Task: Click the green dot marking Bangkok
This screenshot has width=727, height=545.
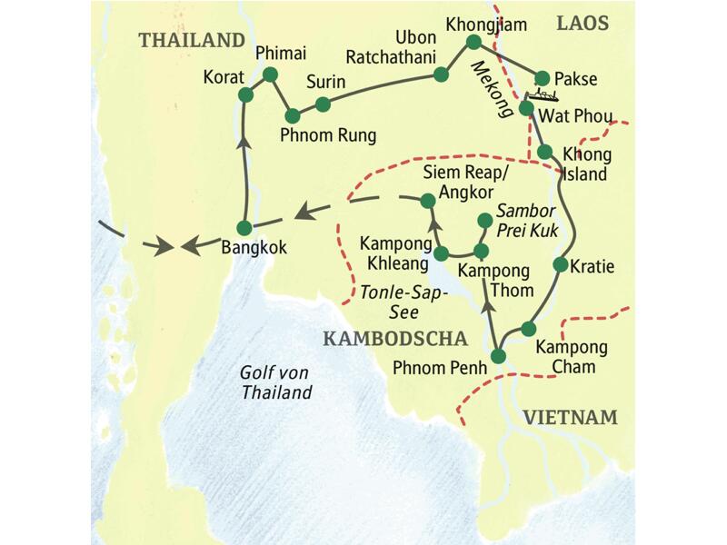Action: pos(243,227)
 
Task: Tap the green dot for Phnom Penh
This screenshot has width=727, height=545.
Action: pos(498,355)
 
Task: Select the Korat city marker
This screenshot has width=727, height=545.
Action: pos(244,94)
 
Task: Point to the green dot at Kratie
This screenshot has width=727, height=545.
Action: pos(559,265)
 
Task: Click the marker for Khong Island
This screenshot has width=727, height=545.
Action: pos(544,151)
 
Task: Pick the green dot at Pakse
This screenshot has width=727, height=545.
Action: pos(543,78)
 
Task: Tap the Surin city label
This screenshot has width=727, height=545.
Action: pos(325,82)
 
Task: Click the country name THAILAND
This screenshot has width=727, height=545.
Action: pos(192,40)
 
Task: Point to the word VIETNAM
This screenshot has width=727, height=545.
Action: pos(570,418)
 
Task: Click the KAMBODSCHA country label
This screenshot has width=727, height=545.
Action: pos(393,339)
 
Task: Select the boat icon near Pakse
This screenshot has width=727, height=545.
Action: pos(544,95)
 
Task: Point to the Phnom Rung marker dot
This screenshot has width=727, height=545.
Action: pos(293,115)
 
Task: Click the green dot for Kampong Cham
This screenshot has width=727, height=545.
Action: pos(530,328)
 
